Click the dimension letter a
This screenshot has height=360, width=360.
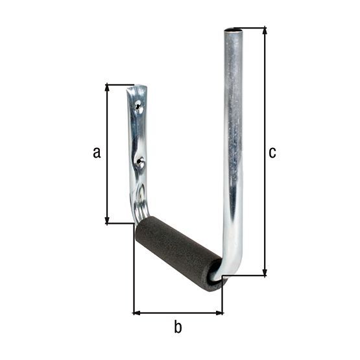tap(97, 152)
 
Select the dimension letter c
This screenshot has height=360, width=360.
tap(272, 152)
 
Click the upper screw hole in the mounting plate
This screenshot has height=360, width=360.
tap(138, 104)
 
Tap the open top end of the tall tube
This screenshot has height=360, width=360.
tap(232, 30)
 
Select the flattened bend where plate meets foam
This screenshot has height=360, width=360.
tap(141, 211)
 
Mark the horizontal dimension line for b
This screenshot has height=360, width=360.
tap(178, 313)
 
